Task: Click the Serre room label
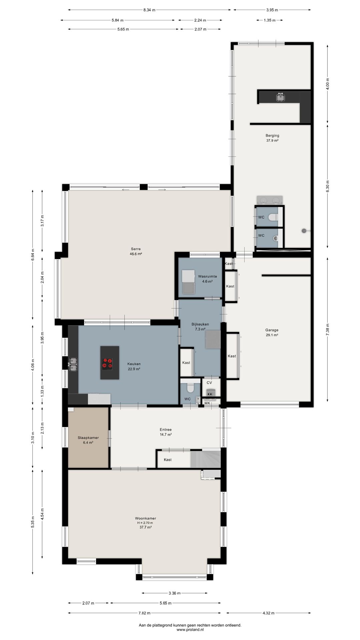[x=136, y=249]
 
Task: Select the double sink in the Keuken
[x=73, y=364]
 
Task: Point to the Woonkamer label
[x=145, y=518]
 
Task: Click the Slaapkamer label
[x=88, y=438]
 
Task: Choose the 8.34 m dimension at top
[x=149, y=10]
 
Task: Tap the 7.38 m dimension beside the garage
[x=328, y=330]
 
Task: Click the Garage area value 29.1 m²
[x=272, y=335]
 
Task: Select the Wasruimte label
[x=207, y=276]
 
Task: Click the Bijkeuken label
[x=200, y=324]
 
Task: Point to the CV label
[x=209, y=383]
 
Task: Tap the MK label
[x=207, y=403]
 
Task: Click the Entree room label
[x=166, y=430]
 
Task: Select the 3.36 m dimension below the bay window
[x=174, y=593]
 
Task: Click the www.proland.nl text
[x=190, y=630]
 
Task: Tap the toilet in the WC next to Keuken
[x=190, y=388]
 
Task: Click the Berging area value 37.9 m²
[x=272, y=140]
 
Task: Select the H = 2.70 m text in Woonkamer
[x=145, y=523]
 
